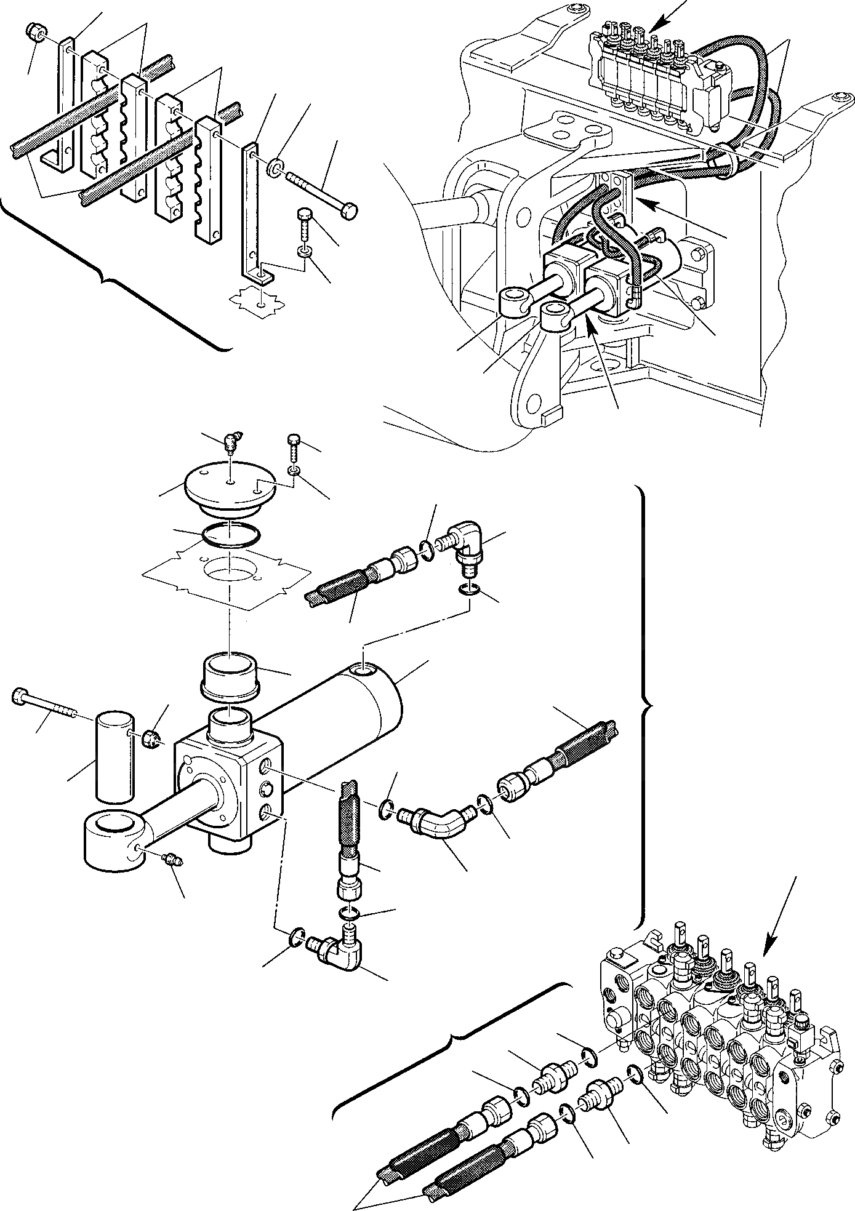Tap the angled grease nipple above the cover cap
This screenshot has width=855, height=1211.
(232, 441)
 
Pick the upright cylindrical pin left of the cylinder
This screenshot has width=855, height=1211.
(114, 757)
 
